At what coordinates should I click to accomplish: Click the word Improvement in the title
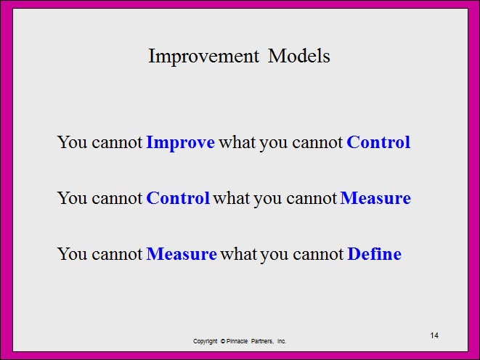click(x=203, y=57)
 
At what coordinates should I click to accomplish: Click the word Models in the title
click(x=299, y=56)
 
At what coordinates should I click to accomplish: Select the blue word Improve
click(x=181, y=143)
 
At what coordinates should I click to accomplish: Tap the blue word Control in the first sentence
click(x=378, y=142)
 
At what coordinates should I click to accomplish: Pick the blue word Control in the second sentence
click(x=178, y=198)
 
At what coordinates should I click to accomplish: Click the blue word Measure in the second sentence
click(x=375, y=198)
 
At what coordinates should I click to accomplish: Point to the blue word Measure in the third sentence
click(x=182, y=254)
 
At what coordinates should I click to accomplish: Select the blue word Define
click(x=375, y=253)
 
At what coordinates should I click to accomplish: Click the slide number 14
click(x=434, y=335)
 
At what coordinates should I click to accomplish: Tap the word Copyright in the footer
click(x=205, y=341)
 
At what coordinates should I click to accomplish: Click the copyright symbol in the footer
click(x=223, y=341)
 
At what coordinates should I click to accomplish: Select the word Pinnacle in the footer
click(x=237, y=341)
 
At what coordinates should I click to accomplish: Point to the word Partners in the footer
click(x=262, y=341)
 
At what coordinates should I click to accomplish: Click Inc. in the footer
click(x=282, y=341)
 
